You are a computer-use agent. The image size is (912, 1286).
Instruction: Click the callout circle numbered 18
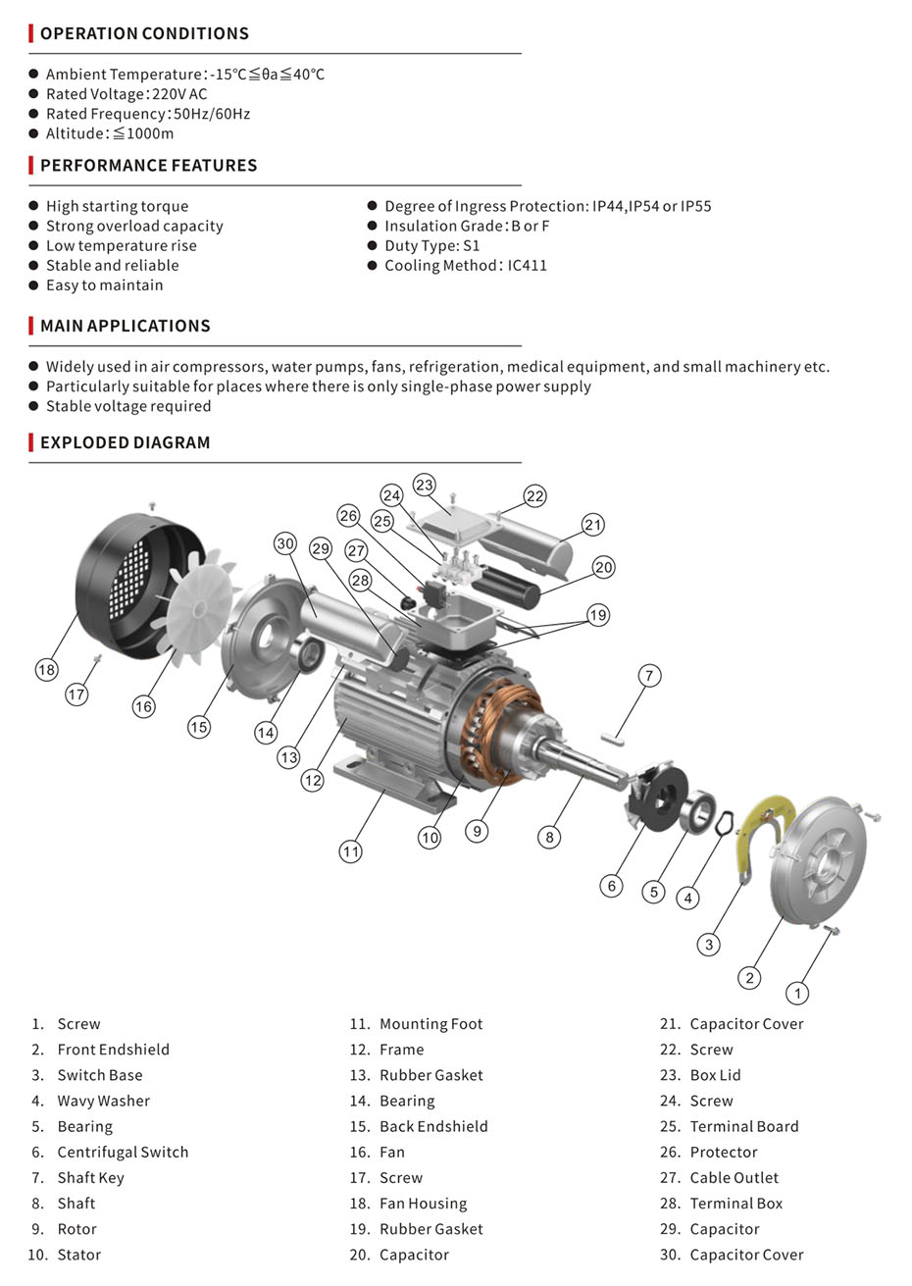[46, 670]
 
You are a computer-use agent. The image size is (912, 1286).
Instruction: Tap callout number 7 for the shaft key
[648, 675]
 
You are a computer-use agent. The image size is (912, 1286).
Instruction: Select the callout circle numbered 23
[424, 485]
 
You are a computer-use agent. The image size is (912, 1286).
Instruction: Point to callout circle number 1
[798, 993]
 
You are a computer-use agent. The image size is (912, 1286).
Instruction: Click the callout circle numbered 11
[351, 851]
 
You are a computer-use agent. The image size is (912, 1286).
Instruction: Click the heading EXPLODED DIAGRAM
[125, 442]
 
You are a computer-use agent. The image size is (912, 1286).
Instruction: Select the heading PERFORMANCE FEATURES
[148, 165]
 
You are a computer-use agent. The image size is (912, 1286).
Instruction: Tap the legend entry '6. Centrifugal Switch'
[122, 1152]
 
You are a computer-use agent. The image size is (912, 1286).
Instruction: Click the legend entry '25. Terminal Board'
[743, 1126]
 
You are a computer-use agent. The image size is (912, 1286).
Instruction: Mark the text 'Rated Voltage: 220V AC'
[127, 94]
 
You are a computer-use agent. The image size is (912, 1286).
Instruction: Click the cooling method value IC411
[528, 265]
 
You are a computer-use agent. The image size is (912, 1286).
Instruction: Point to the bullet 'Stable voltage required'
[128, 406]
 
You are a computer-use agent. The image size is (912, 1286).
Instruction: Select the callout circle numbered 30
[284, 543]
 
